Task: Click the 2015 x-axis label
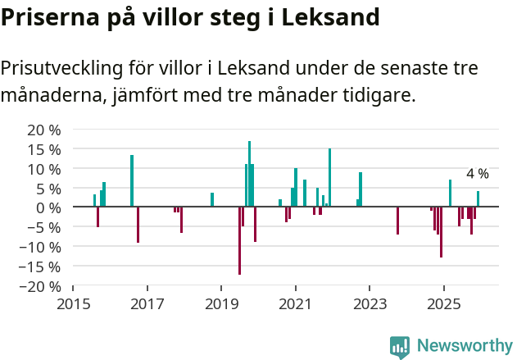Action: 73,304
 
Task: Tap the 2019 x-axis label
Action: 221,304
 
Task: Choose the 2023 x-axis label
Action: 370,304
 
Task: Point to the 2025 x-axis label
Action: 443,304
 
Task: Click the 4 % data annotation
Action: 477,174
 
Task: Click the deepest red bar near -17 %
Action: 239,240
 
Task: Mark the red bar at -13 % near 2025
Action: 441,232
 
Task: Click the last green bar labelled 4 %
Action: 478,199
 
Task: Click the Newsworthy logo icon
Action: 400,347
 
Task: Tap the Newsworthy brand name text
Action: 464,347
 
